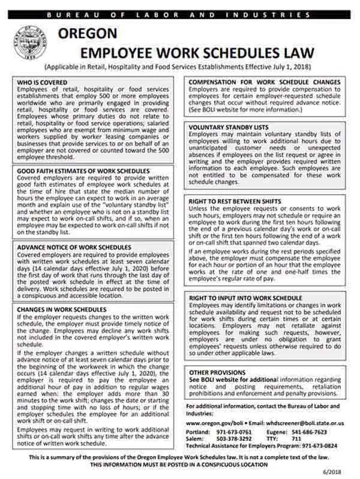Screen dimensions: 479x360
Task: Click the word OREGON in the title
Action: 88,34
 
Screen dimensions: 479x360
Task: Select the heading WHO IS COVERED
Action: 41,82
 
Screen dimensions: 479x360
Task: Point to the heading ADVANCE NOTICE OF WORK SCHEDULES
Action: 74,246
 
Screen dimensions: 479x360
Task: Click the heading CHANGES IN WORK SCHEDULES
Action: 61,309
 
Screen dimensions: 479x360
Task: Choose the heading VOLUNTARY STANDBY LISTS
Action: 229,127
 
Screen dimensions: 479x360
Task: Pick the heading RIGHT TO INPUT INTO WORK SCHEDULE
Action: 246,297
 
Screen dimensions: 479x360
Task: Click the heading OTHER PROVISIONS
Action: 217,372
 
